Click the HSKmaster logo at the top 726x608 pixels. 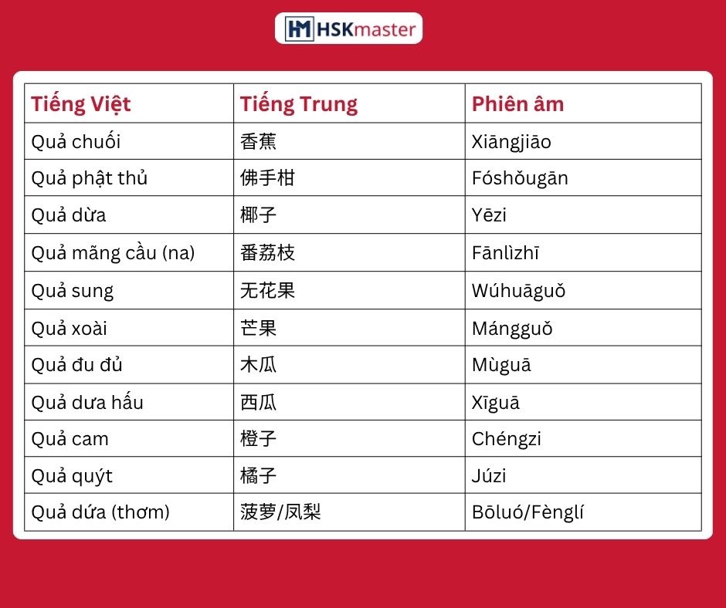pos(348,29)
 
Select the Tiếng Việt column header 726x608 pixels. pos(81,104)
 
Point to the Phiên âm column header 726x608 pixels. pos(517,103)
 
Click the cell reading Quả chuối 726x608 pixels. pos(76,141)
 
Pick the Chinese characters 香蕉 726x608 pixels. pos(259,141)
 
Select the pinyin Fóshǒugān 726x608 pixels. pos(520,178)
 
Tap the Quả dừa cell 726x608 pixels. pos(69,215)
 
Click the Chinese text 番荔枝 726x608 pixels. pos(268,252)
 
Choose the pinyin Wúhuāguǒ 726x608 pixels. pos(518,291)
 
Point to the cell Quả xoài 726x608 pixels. pos(69,328)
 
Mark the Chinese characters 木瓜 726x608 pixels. pos(259,365)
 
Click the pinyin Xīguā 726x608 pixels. pos(495,402)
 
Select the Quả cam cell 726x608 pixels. pos(70,439)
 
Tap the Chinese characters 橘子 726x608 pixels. pos(259,475)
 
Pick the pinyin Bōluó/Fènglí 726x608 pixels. pos(528,512)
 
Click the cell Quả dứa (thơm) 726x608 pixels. pos(100,512)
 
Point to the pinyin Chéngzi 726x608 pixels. pos(507,439)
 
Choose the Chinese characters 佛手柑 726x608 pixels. pos(268,177)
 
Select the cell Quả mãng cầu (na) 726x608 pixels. pos(113,252)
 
